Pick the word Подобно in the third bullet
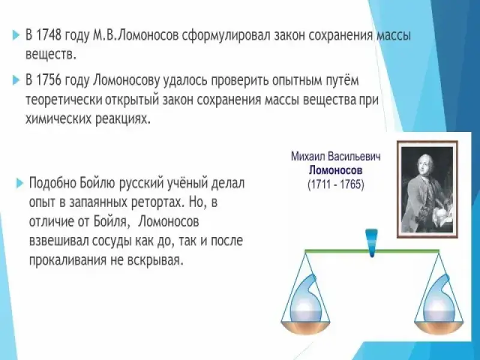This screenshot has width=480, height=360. (x=53, y=184)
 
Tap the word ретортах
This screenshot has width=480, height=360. (x=156, y=203)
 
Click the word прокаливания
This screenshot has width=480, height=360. (x=66, y=260)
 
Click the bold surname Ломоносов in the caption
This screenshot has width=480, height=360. (x=335, y=170)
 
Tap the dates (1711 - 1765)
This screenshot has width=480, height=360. (x=336, y=185)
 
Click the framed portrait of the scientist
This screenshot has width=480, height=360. (x=428, y=189)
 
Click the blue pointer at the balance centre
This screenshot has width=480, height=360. (x=372, y=242)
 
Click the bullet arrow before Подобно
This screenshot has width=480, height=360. (x=19, y=184)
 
